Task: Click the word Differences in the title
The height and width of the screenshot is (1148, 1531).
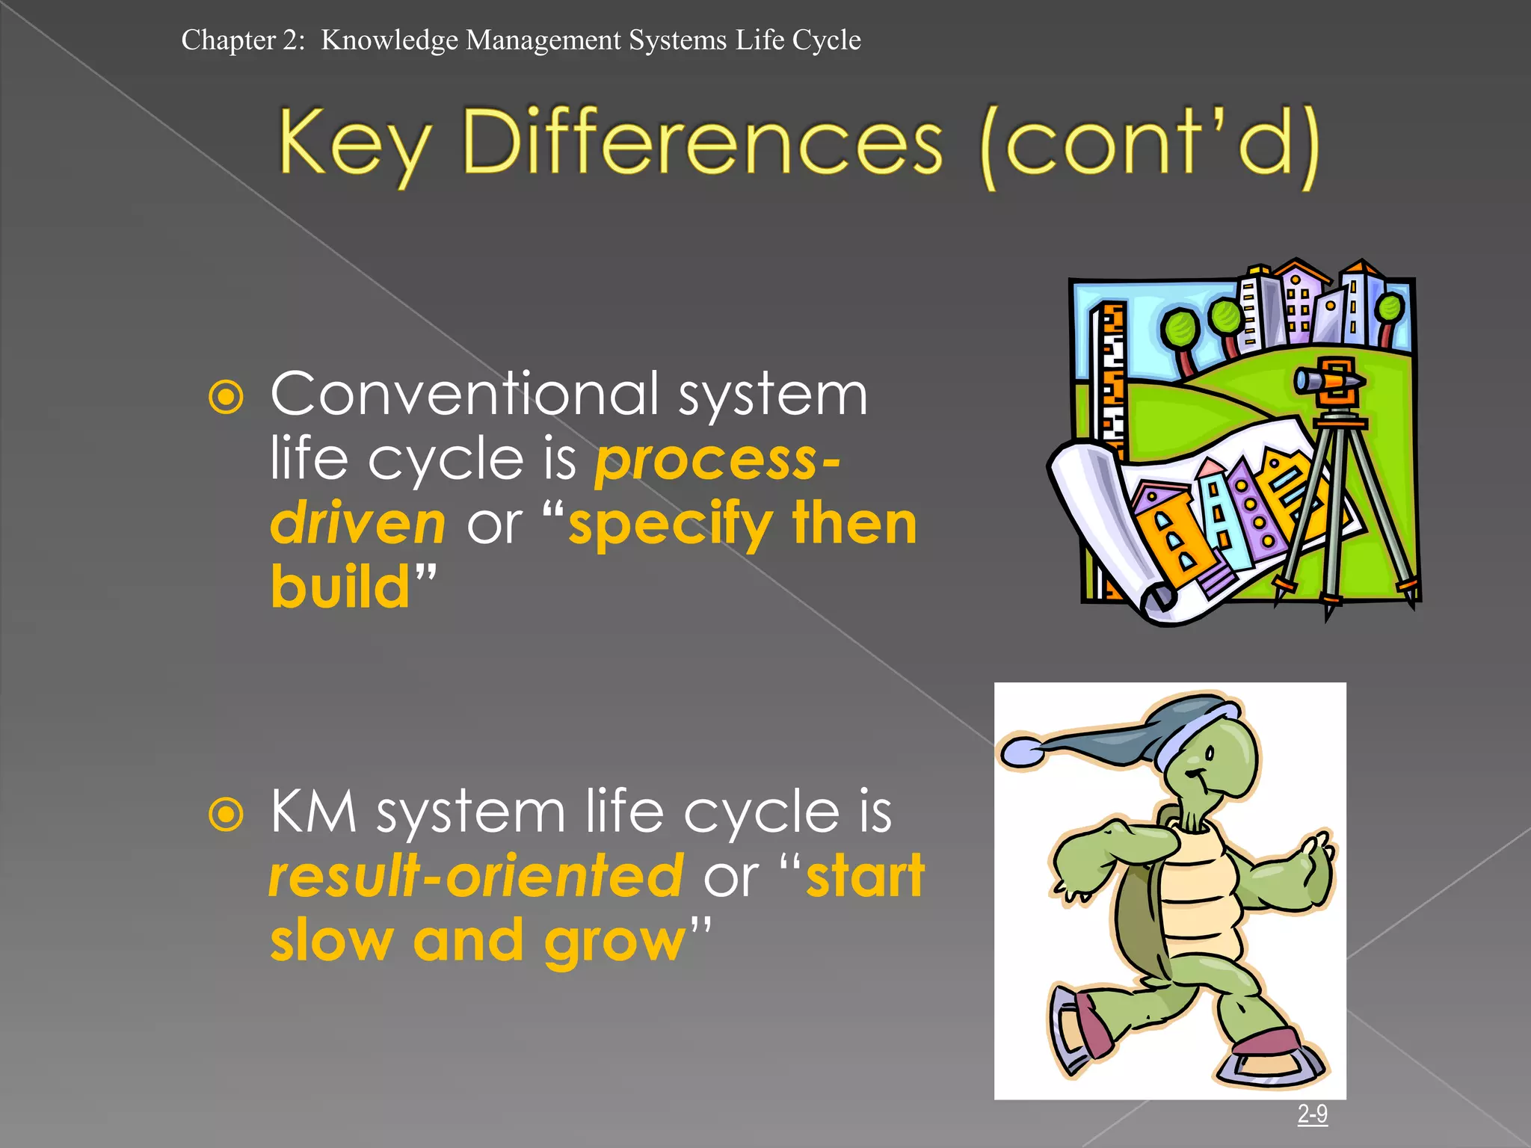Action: click(703, 142)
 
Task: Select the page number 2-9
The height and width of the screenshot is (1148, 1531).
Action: click(1312, 1114)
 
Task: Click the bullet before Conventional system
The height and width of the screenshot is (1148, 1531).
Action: click(227, 397)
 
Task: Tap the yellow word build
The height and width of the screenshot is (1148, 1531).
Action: click(341, 587)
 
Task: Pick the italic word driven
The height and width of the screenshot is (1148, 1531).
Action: click(358, 523)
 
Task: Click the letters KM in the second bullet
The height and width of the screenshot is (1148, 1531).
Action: click(314, 812)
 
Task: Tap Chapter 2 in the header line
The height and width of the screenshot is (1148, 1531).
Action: click(242, 40)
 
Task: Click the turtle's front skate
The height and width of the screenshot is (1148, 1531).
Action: click(1271, 1061)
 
